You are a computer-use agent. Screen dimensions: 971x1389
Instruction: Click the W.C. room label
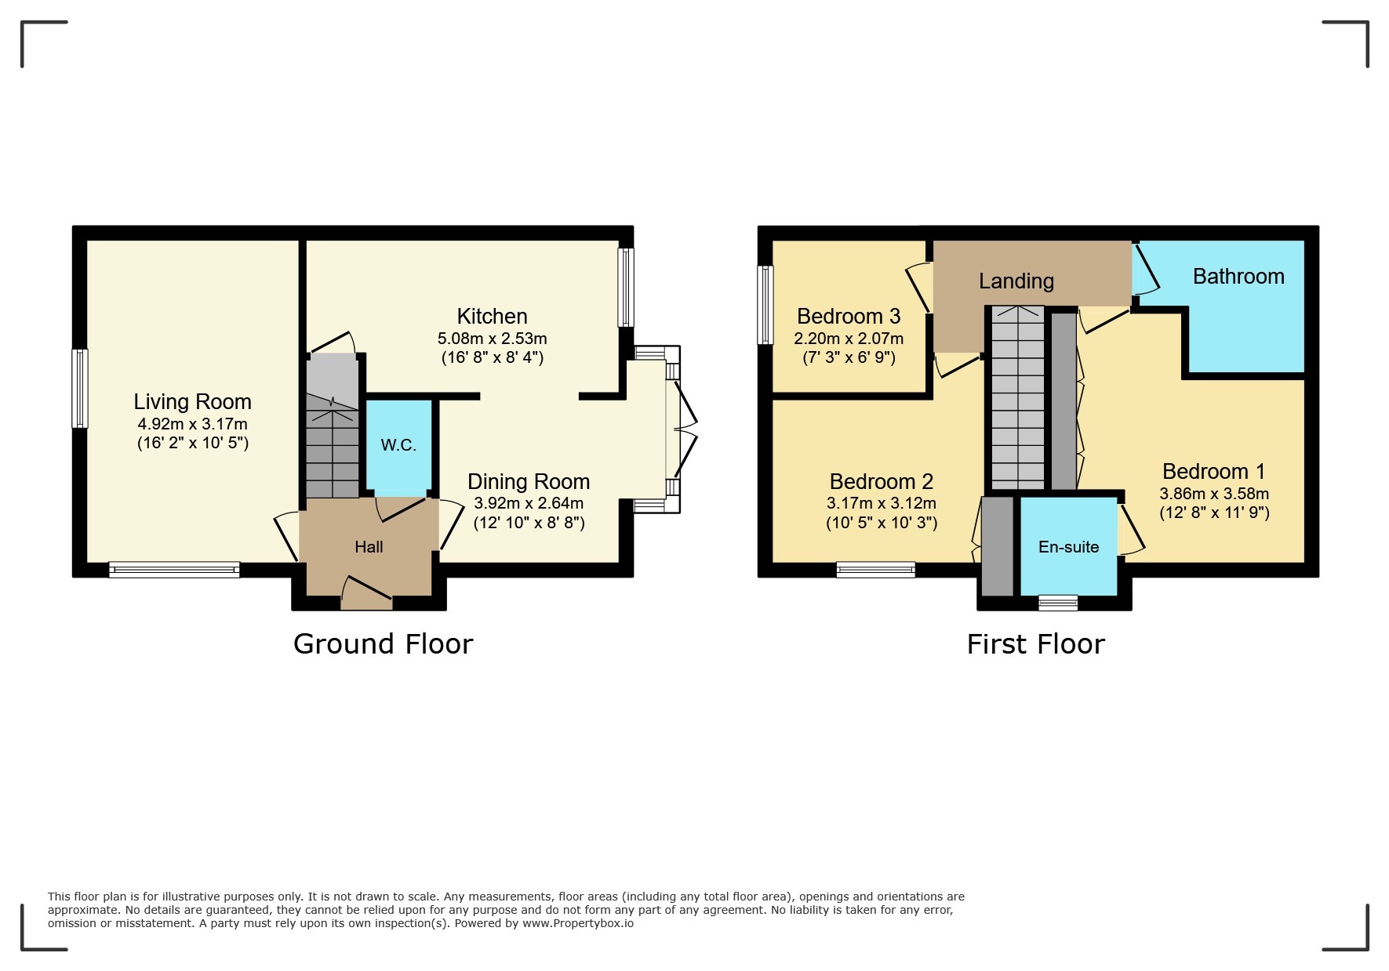(x=398, y=445)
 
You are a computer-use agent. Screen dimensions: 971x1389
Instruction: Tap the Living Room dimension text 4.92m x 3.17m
(x=192, y=424)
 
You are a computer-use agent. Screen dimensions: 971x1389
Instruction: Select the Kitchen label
(x=492, y=316)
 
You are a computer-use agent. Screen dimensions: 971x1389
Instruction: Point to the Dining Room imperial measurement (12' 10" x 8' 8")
(x=529, y=523)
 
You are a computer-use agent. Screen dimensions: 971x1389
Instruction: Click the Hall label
(x=369, y=547)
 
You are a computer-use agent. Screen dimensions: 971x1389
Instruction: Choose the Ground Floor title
(x=383, y=643)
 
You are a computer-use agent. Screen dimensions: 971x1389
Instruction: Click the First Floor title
(x=1035, y=644)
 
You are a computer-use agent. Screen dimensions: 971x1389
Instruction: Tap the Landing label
(x=1016, y=281)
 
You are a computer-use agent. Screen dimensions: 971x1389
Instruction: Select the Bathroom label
(x=1238, y=276)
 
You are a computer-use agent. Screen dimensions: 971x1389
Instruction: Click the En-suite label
(x=1068, y=547)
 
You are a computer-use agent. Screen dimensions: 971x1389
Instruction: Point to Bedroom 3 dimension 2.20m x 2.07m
(x=849, y=339)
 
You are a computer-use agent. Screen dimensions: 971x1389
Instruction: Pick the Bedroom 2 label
(x=882, y=481)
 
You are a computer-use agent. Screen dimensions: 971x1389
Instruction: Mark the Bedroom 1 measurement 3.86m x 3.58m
(x=1214, y=494)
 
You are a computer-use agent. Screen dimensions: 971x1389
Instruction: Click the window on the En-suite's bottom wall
(x=1058, y=603)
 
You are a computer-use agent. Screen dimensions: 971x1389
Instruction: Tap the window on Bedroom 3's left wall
(x=765, y=305)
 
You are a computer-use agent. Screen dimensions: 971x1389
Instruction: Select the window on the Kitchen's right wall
(x=626, y=287)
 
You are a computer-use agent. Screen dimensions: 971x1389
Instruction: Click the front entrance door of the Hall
(x=367, y=593)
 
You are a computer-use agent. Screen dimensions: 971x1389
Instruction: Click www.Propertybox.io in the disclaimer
(x=578, y=923)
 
